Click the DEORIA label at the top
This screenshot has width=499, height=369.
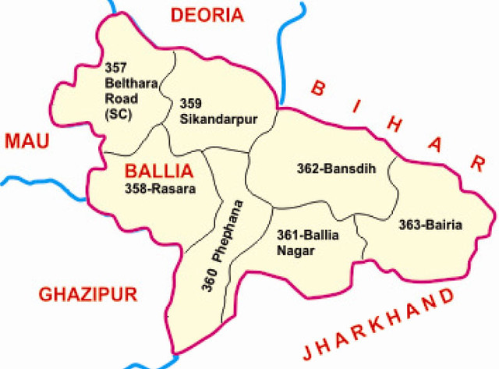(x=207, y=14)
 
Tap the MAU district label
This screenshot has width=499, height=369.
(x=27, y=141)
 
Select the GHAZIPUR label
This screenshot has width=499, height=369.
(x=88, y=294)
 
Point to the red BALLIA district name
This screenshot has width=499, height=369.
(x=159, y=170)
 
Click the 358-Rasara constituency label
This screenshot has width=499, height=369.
(x=160, y=188)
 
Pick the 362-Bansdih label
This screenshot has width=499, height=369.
(x=331, y=167)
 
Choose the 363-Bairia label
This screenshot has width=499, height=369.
(x=430, y=225)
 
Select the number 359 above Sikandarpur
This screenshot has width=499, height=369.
(x=189, y=103)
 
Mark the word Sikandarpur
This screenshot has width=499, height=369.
(x=207, y=118)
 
